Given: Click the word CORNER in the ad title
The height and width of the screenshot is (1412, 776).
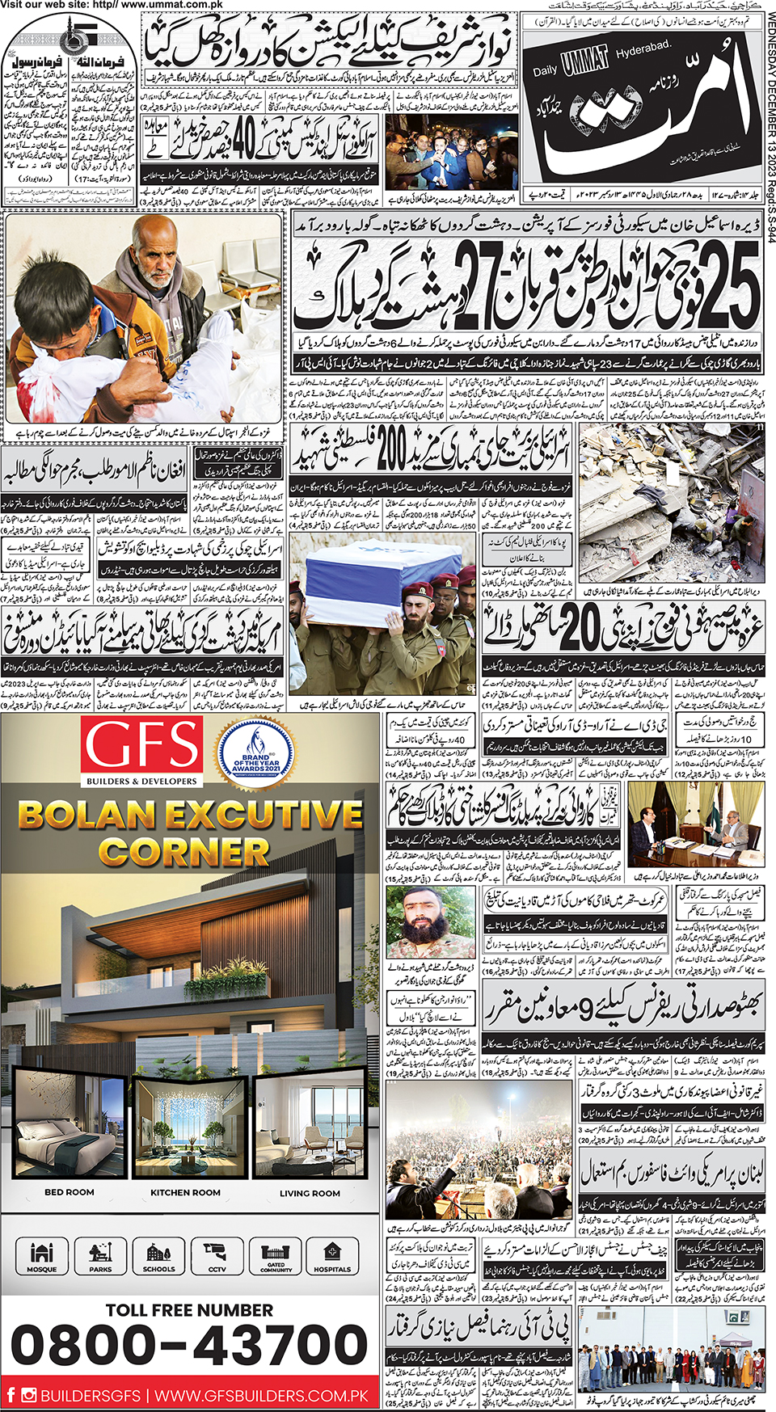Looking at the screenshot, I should click(x=183, y=852).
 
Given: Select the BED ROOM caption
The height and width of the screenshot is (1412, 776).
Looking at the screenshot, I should click(x=70, y=1192).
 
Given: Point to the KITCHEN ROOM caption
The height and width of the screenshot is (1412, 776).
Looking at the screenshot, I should click(x=185, y=1192).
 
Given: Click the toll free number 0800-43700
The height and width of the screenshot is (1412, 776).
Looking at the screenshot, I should click(x=189, y=1346).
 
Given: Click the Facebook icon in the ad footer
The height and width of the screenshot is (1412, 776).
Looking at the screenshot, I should click(x=11, y=1394).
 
